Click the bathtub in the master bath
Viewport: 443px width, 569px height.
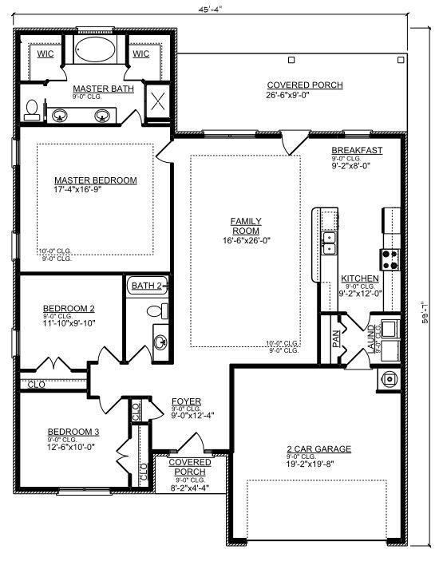pyautogui.click(x=97, y=49)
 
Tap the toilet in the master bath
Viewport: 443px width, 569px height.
pyautogui.click(x=32, y=109)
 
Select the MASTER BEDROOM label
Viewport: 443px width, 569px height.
pyautogui.click(x=96, y=180)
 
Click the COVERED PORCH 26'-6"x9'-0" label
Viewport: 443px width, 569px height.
pyautogui.click(x=305, y=85)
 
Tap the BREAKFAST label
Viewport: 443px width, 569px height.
pyautogui.click(x=357, y=151)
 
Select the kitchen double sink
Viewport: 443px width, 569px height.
pyautogui.click(x=329, y=242)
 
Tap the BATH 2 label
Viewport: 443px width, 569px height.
pyautogui.click(x=147, y=285)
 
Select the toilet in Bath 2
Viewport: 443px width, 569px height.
pyautogui.click(x=164, y=310)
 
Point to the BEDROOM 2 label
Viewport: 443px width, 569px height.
pyautogui.click(x=69, y=308)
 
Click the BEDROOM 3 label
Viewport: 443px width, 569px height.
pyautogui.click(x=73, y=432)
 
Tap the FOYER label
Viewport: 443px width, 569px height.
pyautogui.click(x=186, y=401)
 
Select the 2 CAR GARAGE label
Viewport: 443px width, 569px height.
pyautogui.click(x=318, y=448)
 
